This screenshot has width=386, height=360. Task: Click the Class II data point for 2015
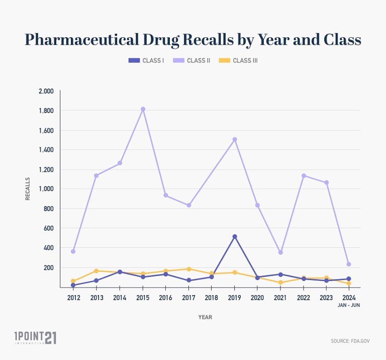click(x=143, y=109)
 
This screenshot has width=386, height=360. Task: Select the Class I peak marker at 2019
click(x=235, y=237)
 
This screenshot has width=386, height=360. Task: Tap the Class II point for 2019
click(x=235, y=139)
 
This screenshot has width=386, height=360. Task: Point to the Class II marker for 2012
click(x=73, y=251)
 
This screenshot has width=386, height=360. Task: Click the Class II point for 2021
click(x=280, y=252)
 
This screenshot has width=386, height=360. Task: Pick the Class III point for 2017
click(x=189, y=269)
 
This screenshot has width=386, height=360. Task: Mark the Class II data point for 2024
click(x=349, y=264)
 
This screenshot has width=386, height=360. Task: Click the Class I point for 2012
click(x=73, y=285)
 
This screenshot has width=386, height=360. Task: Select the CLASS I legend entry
click(x=146, y=60)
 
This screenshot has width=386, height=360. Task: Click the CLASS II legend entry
click(x=191, y=60)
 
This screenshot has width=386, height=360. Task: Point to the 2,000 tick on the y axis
click(x=46, y=92)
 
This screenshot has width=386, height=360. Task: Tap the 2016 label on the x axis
click(x=166, y=298)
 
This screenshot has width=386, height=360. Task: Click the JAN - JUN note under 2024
click(x=348, y=305)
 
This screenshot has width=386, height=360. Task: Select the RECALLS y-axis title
click(x=28, y=189)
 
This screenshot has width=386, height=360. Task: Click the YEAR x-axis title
click(x=205, y=317)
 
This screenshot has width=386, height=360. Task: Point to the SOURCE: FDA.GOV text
click(x=350, y=341)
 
